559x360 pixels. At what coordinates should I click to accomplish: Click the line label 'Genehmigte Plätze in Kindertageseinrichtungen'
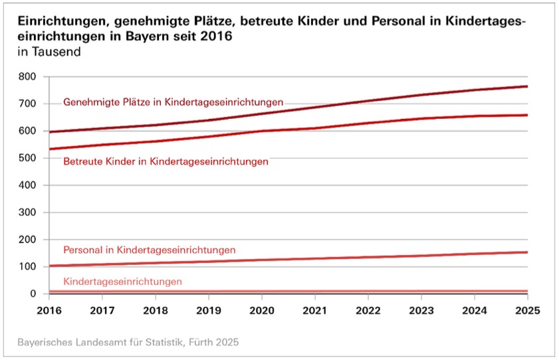[x=173, y=102]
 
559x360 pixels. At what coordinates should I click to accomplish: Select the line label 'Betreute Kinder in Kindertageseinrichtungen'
[x=166, y=161]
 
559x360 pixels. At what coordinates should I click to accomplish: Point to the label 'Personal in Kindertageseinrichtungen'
[x=149, y=250]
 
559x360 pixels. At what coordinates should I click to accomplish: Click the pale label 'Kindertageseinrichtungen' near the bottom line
[x=122, y=282]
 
